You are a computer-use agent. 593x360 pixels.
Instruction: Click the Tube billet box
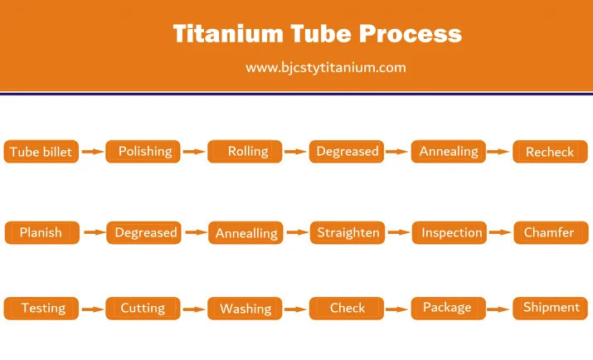pos(41,152)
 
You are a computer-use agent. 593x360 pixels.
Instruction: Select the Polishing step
pos(143,152)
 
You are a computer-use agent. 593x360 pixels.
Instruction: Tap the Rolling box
pos(245,152)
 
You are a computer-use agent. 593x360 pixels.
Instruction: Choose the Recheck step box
pos(550,152)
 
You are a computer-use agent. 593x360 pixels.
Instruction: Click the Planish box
pos(42,232)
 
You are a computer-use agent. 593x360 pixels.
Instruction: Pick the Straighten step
pos(348,232)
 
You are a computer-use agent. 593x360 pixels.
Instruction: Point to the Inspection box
pos(450,232)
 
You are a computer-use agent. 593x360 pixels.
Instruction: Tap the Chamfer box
pos(551,232)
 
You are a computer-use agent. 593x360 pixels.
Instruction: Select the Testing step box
pos(41,309)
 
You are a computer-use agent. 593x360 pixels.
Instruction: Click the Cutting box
pos(143,309)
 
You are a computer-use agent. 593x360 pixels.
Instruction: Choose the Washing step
pos(245,309)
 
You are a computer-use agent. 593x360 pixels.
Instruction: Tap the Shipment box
pos(550,309)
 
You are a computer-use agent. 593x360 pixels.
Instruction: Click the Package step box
pos(449,309)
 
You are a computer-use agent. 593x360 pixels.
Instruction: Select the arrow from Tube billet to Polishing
pos(93,152)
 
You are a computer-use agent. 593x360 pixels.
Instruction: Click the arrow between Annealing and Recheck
pos(498,152)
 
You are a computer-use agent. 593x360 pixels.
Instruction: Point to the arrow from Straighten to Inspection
pos(399,232)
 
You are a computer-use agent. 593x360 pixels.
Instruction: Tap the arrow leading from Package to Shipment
pos(498,309)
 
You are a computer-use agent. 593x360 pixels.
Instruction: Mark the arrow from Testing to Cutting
pos(93,309)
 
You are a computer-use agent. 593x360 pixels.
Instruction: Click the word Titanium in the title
pos(228,33)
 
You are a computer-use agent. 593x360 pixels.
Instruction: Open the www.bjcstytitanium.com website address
pos(326,68)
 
